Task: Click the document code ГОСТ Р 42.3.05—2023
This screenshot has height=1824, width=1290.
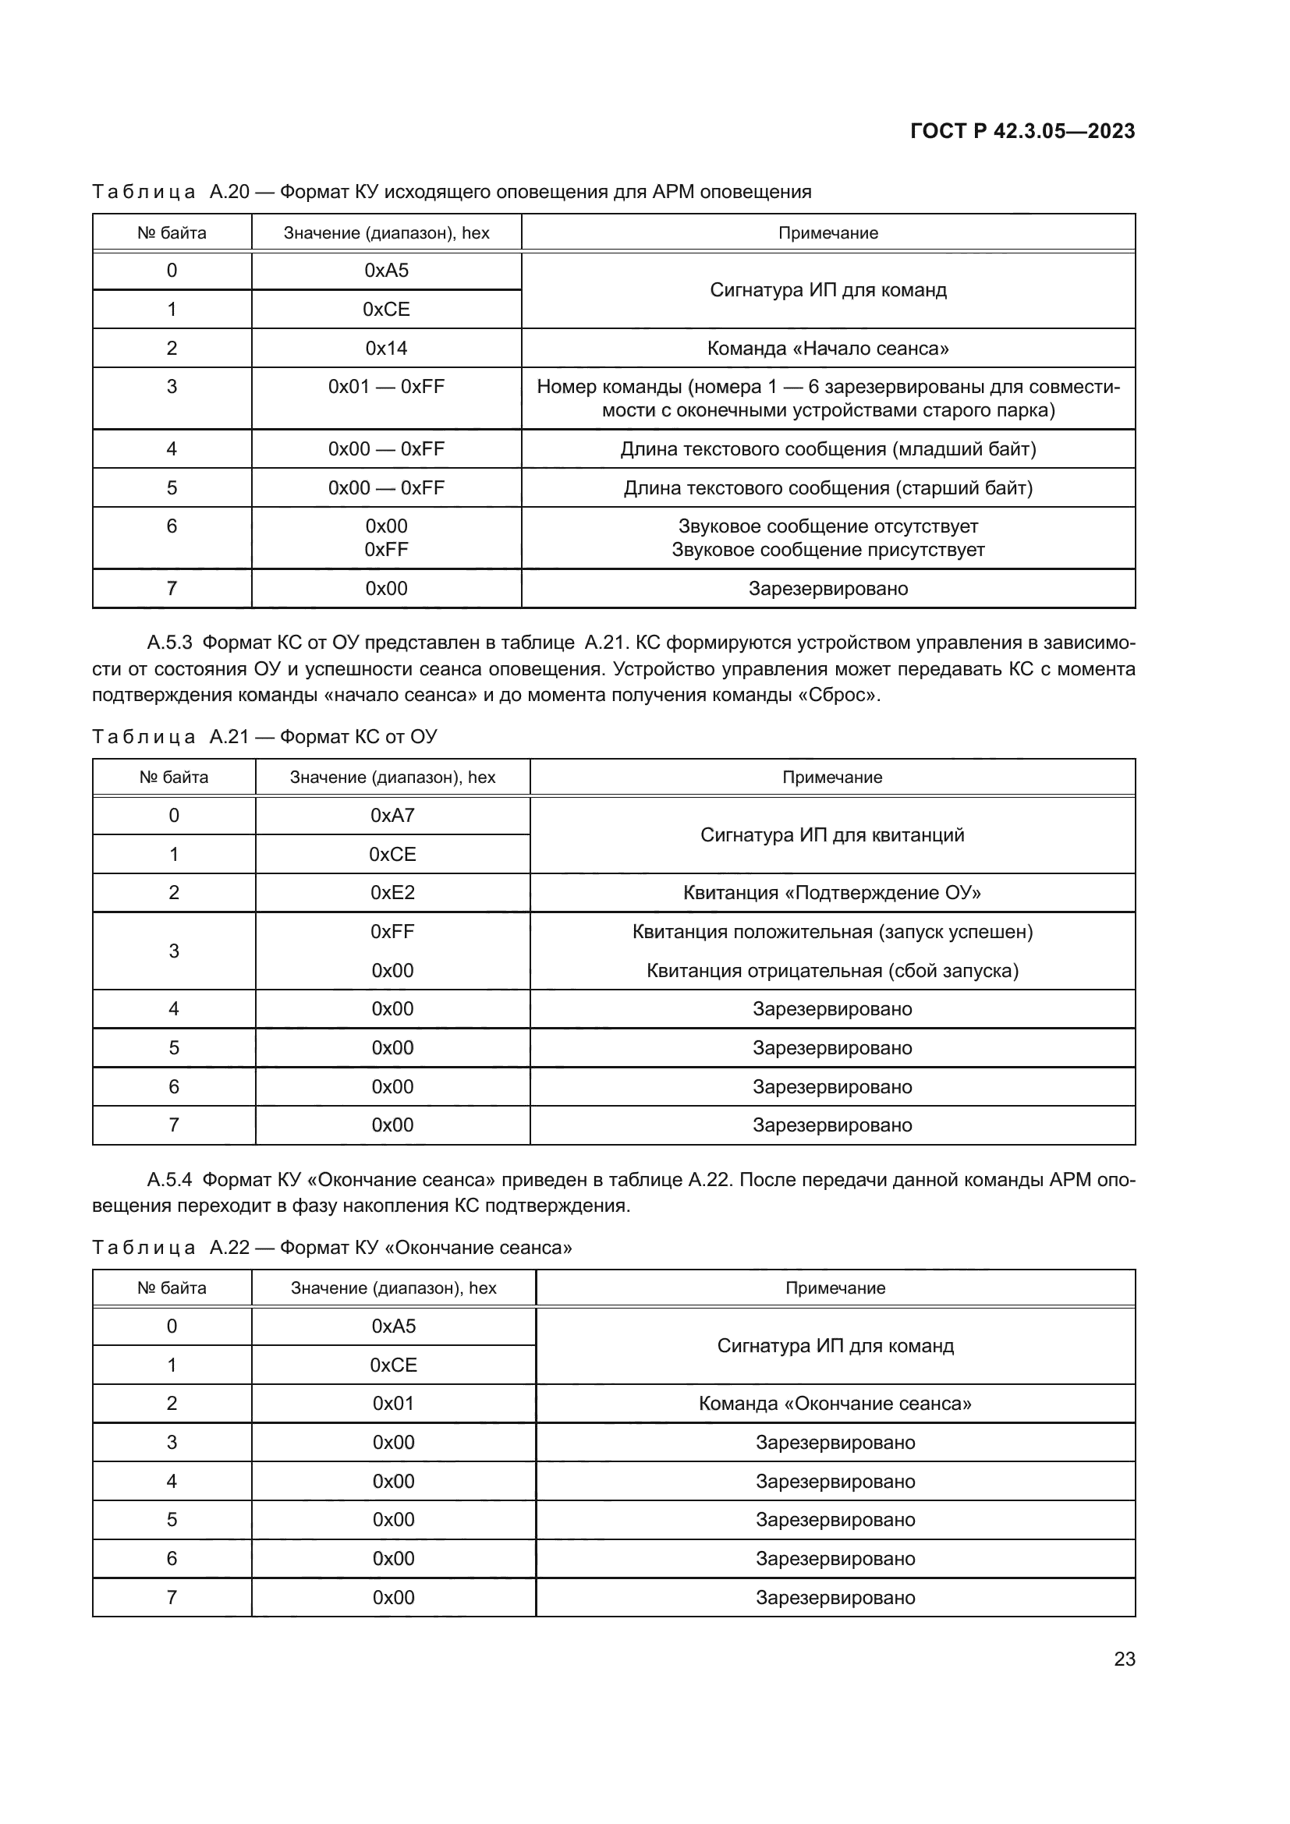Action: (1022, 131)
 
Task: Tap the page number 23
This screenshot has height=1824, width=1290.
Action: (1124, 1659)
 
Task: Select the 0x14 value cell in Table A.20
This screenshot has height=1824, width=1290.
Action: (386, 348)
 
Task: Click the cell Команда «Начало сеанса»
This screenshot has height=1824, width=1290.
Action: (828, 348)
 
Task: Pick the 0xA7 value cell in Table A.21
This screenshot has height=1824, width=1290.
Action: (392, 815)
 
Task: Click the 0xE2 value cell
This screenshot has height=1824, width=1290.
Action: (392, 892)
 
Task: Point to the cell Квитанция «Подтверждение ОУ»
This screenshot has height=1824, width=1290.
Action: (831, 892)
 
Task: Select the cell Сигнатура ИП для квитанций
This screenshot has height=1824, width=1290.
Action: (831, 835)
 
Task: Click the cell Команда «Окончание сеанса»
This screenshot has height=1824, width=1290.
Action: (835, 1403)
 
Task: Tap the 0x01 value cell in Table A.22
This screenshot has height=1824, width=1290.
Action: (393, 1403)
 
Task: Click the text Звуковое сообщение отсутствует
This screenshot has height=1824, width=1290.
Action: (828, 526)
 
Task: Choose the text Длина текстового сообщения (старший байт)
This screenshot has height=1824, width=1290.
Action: (828, 487)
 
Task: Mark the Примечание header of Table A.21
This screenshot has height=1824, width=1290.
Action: (831, 777)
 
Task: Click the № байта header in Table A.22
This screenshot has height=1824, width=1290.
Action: (172, 1287)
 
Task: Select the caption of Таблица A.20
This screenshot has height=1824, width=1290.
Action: (451, 192)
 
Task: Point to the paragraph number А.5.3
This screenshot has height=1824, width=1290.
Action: (169, 643)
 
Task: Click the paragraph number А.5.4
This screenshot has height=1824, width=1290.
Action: (169, 1180)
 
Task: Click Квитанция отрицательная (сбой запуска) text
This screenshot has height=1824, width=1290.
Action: (831, 970)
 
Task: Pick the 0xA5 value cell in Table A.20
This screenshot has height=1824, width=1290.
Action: (386, 271)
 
